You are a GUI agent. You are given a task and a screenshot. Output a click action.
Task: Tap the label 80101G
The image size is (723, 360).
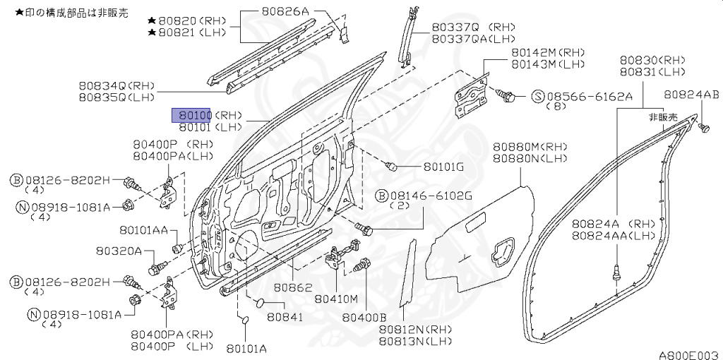click(443, 168)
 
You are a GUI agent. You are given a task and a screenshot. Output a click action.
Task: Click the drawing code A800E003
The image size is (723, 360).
click(688, 354)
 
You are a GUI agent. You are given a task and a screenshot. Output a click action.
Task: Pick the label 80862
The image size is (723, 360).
click(293, 288)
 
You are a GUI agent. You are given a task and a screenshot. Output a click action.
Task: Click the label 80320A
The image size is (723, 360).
click(119, 251)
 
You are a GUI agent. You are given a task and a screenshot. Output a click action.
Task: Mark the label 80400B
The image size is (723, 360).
click(364, 318)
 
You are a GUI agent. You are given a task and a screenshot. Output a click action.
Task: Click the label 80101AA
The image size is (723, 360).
click(143, 230)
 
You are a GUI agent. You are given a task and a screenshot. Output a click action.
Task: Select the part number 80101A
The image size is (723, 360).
click(246, 348)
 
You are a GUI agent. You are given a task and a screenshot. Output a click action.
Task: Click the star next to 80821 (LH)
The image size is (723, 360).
click(152, 33)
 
